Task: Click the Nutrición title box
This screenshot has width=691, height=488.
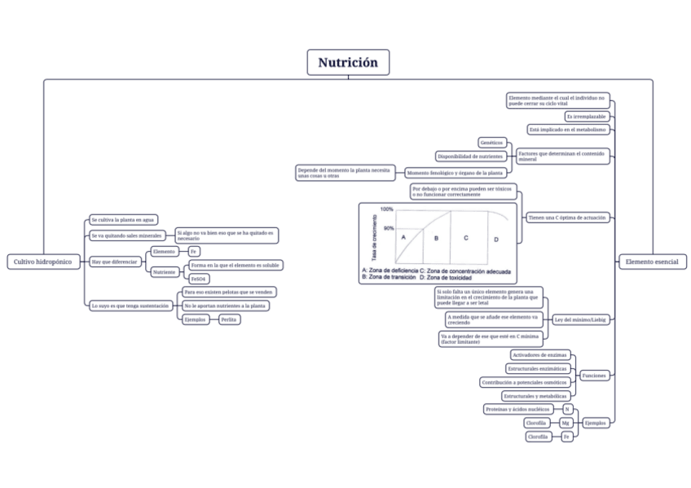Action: click(x=348, y=63)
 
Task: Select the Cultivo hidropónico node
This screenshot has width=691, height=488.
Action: click(x=41, y=262)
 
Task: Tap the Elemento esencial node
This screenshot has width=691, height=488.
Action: click(x=653, y=262)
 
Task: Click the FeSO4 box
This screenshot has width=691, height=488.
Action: click(x=199, y=279)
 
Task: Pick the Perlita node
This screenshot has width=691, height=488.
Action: click(x=230, y=319)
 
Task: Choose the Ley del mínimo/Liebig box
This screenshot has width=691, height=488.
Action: click(x=579, y=319)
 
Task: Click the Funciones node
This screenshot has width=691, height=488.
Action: click(x=593, y=375)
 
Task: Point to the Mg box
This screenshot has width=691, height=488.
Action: click(x=566, y=423)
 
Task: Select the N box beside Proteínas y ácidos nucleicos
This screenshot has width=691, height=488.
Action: click(x=567, y=408)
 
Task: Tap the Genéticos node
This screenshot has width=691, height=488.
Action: click(x=492, y=143)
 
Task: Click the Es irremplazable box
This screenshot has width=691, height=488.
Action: click(x=586, y=117)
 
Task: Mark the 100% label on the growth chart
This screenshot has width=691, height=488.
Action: click(x=387, y=209)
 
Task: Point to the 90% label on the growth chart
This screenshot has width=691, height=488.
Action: click(x=388, y=228)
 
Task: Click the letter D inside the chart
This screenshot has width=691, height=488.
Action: click(x=496, y=240)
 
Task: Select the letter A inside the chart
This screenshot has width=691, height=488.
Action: click(x=403, y=235)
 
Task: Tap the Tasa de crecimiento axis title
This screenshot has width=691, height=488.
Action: click(x=374, y=237)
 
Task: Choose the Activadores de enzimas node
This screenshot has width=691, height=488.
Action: click(x=539, y=355)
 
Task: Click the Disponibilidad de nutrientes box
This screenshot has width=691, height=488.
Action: click(x=469, y=156)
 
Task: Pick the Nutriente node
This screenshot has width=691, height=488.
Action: click(x=165, y=271)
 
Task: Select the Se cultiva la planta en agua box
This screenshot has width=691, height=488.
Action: click(x=122, y=220)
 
